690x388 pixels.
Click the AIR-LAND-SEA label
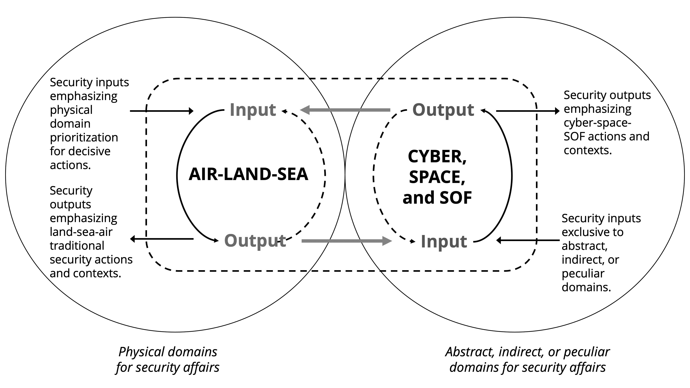(248, 174)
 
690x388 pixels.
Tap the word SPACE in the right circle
(437, 177)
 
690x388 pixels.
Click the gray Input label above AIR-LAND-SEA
(253, 110)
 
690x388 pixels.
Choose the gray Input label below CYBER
(444, 242)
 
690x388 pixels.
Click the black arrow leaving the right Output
(528, 111)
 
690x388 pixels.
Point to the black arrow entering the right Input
(528, 240)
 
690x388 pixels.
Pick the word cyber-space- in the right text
(597, 123)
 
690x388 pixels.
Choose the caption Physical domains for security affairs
(168, 359)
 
